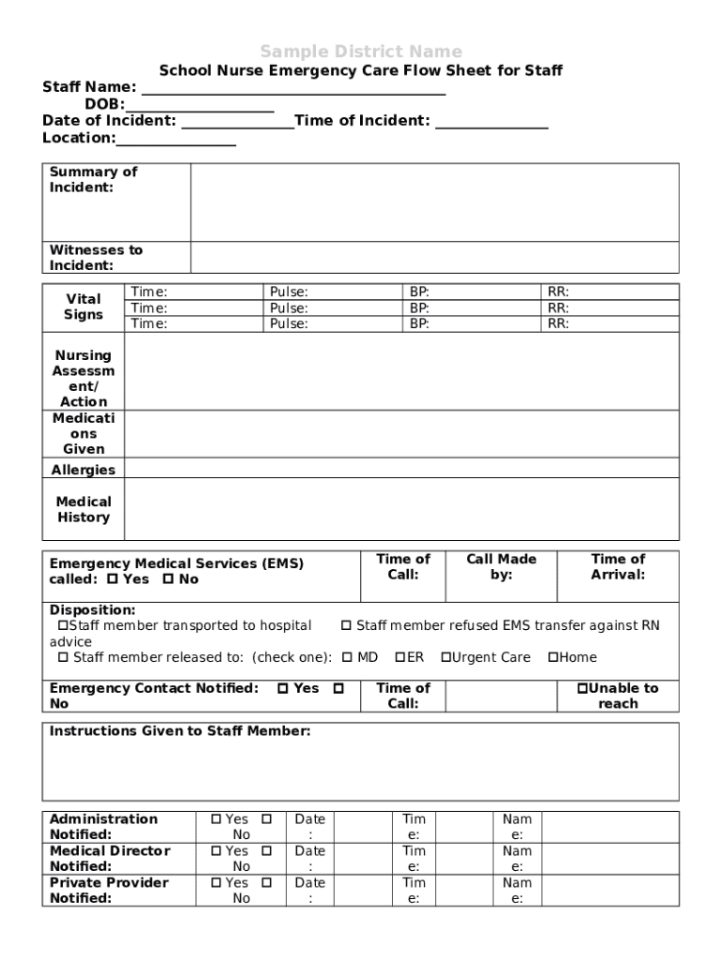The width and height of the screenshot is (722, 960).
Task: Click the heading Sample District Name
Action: (x=360, y=51)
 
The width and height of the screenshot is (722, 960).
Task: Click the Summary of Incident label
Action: (x=93, y=179)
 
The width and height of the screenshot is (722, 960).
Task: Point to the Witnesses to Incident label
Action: (x=96, y=258)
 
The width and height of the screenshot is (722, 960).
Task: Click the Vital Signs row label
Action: (x=83, y=307)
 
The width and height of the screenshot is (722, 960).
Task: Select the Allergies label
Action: (x=83, y=470)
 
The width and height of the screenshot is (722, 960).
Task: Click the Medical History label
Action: (x=83, y=509)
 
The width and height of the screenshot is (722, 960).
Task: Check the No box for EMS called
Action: (x=169, y=579)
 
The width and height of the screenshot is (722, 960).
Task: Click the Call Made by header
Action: (x=502, y=566)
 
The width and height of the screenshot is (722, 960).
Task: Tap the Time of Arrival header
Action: (x=618, y=566)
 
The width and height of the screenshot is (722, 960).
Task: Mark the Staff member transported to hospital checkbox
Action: (x=63, y=625)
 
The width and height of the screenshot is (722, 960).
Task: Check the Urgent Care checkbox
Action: (x=446, y=657)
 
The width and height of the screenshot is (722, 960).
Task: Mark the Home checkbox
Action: (x=553, y=657)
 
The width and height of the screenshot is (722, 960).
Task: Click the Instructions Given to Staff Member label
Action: (x=179, y=731)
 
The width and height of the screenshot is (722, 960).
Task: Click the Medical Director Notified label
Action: (x=109, y=858)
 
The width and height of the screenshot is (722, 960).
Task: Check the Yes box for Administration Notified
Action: (x=217, y=819)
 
